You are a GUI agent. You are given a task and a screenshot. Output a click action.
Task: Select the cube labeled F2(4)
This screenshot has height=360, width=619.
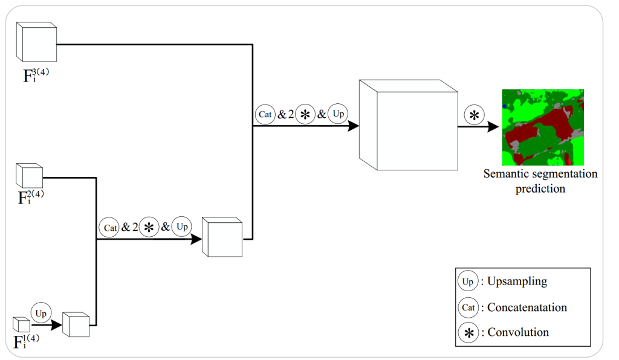click(x=28, y=176)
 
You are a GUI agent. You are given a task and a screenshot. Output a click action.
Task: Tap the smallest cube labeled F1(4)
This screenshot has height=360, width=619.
click(x=21, y=324)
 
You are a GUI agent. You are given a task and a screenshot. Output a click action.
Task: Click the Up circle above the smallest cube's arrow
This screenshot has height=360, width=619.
click(x=41, y=313)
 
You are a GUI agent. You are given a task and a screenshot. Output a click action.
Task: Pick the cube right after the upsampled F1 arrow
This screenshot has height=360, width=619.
click(x=76, y=326)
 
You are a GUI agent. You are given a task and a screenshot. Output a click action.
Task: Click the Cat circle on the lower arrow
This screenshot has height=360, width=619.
click(x=110, y=228)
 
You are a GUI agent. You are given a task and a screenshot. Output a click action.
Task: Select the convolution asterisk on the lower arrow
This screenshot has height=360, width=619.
click(x=148, y=228)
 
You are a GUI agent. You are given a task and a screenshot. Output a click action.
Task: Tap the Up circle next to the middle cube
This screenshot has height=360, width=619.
click(x=181, y=227)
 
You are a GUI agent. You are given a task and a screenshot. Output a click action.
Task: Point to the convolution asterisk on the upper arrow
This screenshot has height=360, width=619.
click(x=305, y=114)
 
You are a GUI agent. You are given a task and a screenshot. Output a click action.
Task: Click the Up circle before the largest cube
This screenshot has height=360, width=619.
click(x=339, y=113)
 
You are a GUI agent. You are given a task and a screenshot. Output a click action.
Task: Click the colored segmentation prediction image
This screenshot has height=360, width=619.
click(x=543, y=127)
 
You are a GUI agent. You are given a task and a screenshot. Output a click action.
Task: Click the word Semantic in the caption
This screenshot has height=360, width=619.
click(x=505, y=174)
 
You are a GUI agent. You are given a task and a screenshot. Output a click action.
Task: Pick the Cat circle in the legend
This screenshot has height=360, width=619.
click(x=468, y=307)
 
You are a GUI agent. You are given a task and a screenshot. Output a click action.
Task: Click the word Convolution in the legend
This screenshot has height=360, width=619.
click(x=518, y=332)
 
